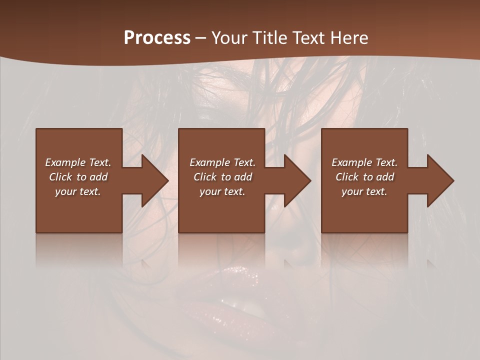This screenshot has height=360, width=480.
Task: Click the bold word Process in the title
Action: click(157, 38)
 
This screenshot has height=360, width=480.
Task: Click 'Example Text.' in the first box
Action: click(78, 162)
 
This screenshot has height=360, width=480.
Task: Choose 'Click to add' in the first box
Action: click(78, 177)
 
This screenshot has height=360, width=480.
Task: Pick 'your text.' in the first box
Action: click(78, 191)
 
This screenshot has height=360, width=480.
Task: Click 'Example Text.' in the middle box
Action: click(222, 162)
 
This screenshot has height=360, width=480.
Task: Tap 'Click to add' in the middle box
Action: click(222, 177)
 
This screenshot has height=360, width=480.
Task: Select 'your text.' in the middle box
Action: click(222, 191)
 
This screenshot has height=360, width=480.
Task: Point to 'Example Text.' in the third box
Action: click(364, 162)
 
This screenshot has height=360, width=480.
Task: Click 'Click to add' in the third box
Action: click(364, 177)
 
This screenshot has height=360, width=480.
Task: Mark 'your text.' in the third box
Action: click(364, 191)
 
